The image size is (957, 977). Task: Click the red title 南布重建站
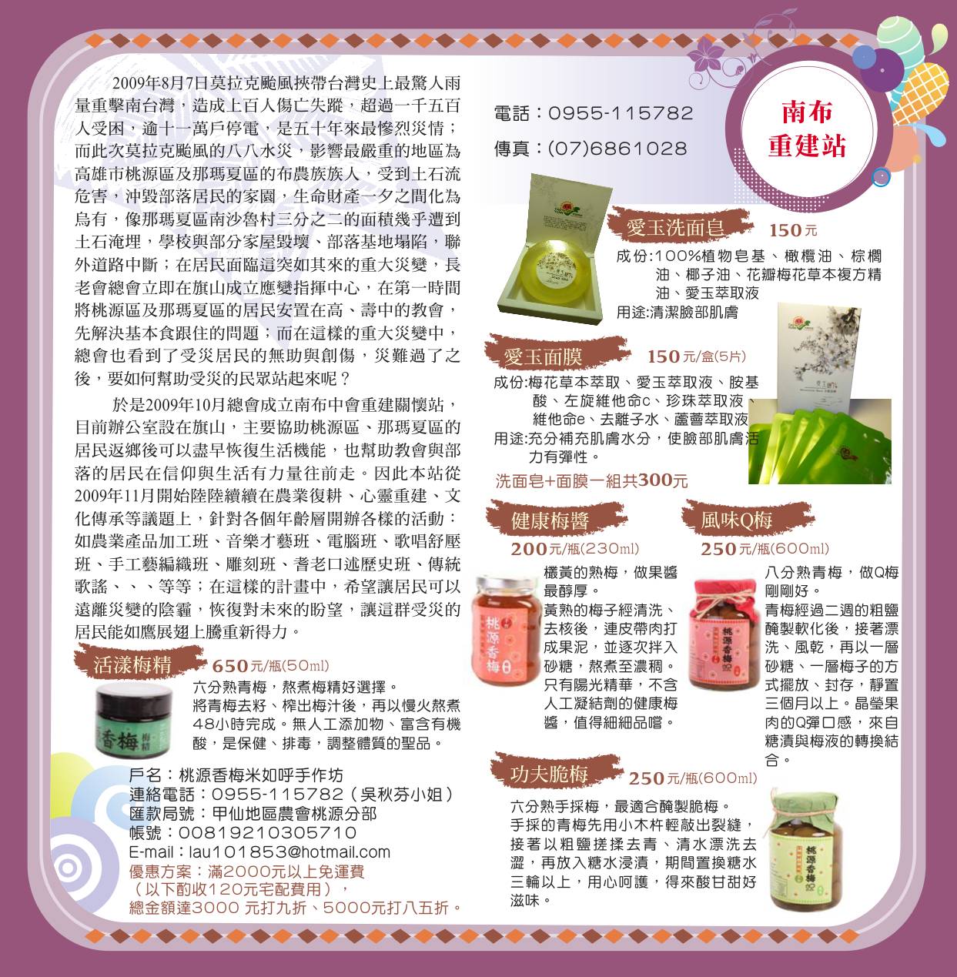[x=807, y=129]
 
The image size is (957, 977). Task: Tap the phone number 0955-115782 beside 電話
[x=621, y=113]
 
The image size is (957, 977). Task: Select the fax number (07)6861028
[x=617, y=149]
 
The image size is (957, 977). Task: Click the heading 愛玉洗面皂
[x=675, y=228]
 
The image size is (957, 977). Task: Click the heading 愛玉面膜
[x=542, y=357]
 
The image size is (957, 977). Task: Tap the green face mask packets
[x=819, y=440]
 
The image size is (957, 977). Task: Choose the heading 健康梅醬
[x=550, y=520]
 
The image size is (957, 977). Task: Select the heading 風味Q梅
[x=736, y=519]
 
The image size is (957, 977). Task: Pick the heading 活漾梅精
[x=132, y=664]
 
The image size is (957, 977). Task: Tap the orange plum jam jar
[x=504, y=630]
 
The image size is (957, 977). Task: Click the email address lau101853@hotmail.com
[x=259, y=852]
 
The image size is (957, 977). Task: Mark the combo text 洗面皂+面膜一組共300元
[x=591, y=480]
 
